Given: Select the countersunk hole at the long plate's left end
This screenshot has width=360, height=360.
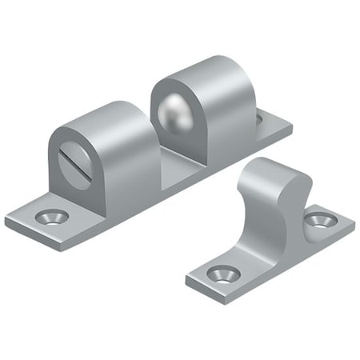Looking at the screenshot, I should pyautogui.click(x=54, y=215).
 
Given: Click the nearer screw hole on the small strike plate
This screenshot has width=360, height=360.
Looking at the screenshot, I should pyautogui.click(x=223, y=274).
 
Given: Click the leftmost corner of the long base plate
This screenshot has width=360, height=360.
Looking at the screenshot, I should pyautogui.click(x=6, y=217).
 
